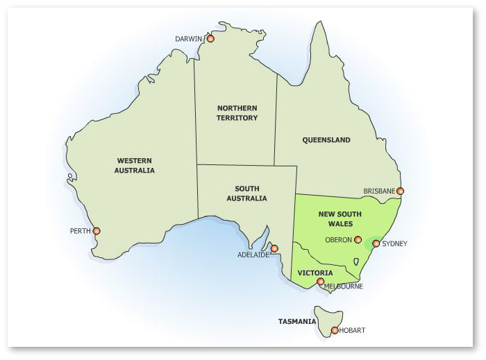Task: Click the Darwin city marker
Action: click(x=211, y=39)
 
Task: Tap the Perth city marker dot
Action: click(x=97, y=231)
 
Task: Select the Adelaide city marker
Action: click(x=274, y=248)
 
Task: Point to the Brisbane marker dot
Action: click(x=400, y=191)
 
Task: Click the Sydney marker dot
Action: click(x=376, y=243)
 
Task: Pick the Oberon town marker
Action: click(x=358, y=240)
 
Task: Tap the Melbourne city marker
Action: click(x=320, y=282)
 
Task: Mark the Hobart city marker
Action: click(x=335, y=330)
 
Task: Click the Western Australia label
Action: click(x=135, y=165)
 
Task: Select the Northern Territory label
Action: click(x=237, y=113)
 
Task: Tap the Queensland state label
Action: click(x=326, y=140)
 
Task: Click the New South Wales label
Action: click(x=336, y=219)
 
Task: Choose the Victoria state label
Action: click(x=315, y=273)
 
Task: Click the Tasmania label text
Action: click(x=297, y=322)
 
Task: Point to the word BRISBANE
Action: click(x=379, y=191)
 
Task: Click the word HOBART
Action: click(x=353, y=331)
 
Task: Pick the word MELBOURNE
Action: click(x=343, y=286)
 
